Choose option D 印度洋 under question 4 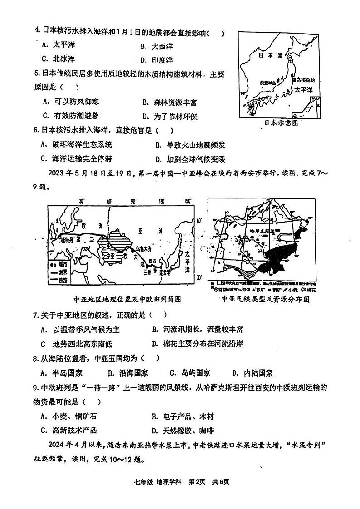[157, 59]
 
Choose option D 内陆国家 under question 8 [253, 373]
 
